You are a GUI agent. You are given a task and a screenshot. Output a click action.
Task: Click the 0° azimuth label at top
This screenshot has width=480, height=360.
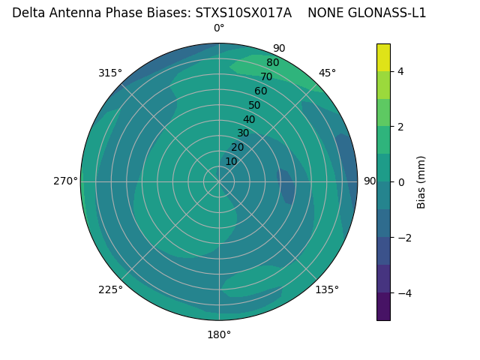[219, 28]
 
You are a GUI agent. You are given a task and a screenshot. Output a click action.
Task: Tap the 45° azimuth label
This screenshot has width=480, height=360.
[327, 73]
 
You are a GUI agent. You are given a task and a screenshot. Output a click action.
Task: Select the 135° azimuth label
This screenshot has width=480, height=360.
[327, 289]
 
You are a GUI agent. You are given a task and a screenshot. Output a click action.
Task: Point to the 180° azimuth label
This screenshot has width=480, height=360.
[219, 334]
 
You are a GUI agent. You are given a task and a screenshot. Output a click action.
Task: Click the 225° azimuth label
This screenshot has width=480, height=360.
[110, 289]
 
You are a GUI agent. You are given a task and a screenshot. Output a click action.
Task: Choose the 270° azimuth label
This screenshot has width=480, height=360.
[65, 181]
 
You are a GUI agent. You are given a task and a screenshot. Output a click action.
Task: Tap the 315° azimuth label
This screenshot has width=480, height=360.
[110, 73]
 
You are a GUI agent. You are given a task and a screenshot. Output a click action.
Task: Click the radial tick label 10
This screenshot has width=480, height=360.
[231, 161]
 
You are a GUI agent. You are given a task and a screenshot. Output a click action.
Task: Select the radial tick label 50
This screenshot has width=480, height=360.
[254, 106]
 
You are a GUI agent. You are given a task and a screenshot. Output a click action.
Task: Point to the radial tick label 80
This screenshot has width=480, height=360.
[272, 63]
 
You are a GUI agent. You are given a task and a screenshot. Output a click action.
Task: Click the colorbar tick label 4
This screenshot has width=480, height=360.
[401, 71]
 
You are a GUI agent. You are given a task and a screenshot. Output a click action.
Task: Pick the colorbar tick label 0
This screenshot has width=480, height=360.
[401, 182]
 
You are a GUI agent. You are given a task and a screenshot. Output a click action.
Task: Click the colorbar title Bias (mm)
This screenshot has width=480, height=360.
[421, 181]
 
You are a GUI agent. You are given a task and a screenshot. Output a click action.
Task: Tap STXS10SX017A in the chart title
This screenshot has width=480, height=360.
[243, 13]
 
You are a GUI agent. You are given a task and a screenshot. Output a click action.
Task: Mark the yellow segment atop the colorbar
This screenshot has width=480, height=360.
[383, 57]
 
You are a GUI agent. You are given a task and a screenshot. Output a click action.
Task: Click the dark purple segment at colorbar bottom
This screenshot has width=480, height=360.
[383, 307]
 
